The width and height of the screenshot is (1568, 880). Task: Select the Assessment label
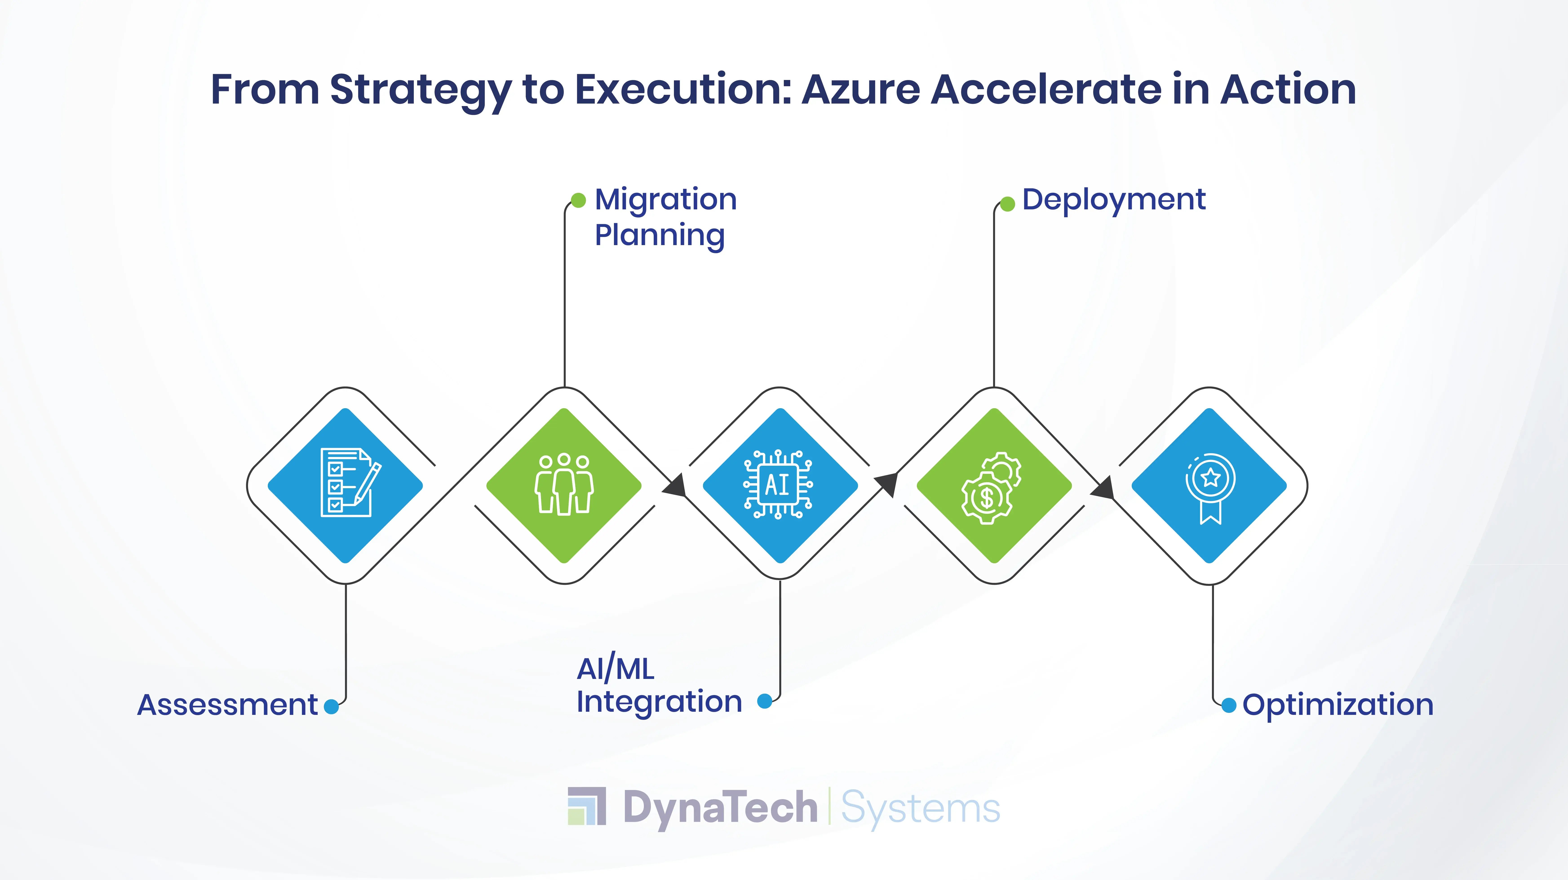[227, 705]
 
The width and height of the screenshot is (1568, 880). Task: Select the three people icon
[564, 484]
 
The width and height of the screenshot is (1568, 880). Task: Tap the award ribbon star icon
[1210, 488]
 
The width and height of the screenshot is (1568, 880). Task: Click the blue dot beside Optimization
[1229, 705]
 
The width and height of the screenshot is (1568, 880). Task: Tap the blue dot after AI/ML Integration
[764, 701]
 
